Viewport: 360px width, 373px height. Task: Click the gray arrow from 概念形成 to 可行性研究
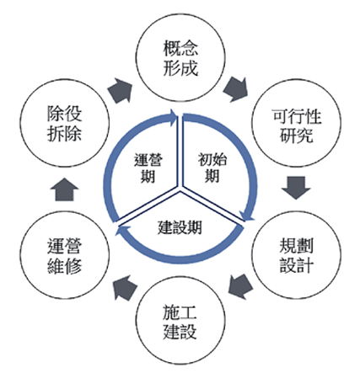coord(236,89)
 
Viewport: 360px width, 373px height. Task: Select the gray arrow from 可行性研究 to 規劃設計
coord(296,188)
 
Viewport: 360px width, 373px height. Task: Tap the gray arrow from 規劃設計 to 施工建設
coord(240,286)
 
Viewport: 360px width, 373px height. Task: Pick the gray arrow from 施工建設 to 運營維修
coord(125,287)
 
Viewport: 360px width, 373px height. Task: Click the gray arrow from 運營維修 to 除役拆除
coord(64,189)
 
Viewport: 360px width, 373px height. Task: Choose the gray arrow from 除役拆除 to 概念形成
coord(120,90)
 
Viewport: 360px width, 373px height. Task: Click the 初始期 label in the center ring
coord(212,168)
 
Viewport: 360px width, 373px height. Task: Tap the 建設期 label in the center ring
coord(180,227)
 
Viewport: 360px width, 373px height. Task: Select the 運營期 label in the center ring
coord(148,168)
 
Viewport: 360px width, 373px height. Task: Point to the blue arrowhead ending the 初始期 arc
coord(247,216)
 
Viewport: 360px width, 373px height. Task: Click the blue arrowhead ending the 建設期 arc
coord(121,231)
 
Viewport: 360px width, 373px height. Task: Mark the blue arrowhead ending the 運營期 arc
coord(172,115)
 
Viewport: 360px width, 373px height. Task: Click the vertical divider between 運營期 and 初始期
coord(180,152)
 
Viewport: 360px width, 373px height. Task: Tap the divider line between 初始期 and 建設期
coord(213,206)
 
